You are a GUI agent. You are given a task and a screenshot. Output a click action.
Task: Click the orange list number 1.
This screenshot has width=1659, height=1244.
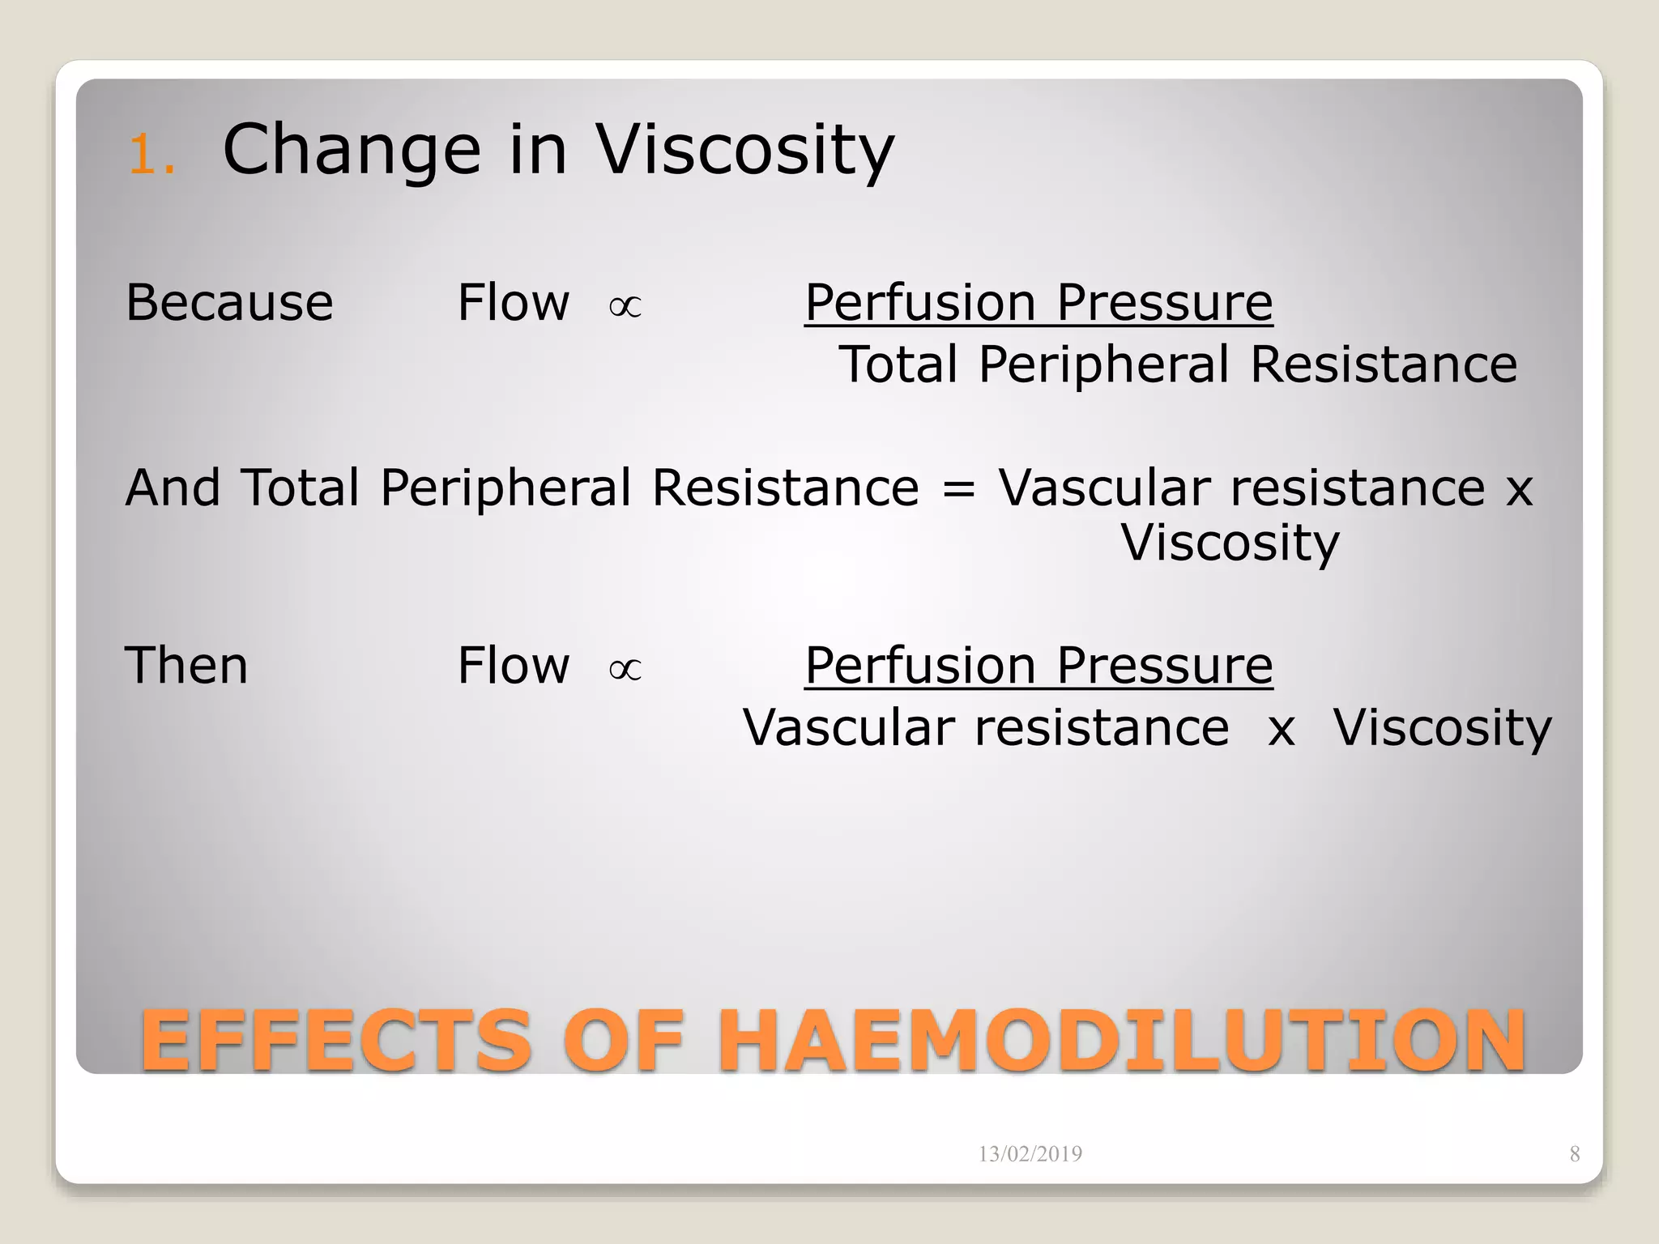click(151, 154)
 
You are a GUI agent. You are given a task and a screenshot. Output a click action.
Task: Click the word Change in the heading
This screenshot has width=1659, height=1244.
click(352, 150)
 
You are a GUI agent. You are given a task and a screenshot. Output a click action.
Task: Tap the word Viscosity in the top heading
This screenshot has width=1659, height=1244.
click(745, 150)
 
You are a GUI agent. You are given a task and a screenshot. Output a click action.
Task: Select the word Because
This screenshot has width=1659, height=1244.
click(229, 303)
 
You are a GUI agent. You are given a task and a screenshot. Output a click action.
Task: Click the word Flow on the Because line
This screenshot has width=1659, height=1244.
click(514, 303)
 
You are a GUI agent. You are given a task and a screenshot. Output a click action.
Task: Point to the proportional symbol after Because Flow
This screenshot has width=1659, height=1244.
click(625, 307)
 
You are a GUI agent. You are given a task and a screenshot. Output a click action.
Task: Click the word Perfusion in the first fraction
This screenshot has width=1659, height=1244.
click(920, 303)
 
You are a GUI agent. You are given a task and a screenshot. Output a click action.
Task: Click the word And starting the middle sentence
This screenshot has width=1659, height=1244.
click(173, 488)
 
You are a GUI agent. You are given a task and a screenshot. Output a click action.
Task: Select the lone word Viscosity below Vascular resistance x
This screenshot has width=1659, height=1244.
click(1230, 543)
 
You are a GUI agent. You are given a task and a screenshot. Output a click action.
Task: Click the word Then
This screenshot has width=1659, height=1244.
click(186, 666)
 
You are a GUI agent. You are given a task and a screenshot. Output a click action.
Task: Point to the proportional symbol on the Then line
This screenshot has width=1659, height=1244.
click(625, 670)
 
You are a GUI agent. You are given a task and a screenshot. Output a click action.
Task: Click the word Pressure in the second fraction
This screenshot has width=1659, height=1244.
click(1164, 666)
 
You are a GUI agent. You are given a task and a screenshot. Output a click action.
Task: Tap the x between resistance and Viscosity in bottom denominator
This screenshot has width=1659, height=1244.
click(1282, 729)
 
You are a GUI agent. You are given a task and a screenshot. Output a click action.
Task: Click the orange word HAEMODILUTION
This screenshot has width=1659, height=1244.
click(1122, 1040)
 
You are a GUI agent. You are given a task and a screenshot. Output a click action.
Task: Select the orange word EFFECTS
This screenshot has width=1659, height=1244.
click(335, 1040)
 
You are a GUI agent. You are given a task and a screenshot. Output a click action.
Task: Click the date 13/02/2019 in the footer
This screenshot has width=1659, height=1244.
click(1030, 1154)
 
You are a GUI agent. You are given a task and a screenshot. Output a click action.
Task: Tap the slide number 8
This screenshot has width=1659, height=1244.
click(1574, 1154)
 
